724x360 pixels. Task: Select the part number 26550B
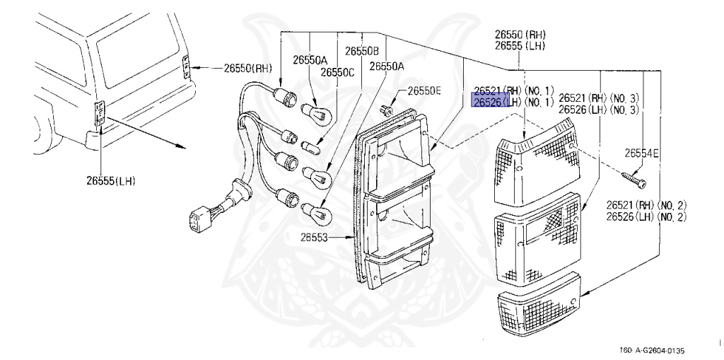pyautogui.click(x=362, y=51)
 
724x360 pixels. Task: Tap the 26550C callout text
pyautogui.click(x=337, y=72)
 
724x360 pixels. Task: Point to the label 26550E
pyautogui.click(x=424, y=91)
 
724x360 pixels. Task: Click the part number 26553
pyautogui.click(x=316, y=238)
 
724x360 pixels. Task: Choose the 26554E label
pyautogui.click(x=641, y=153)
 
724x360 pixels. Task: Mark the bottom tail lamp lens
pyautogui.click(x=541, y=309)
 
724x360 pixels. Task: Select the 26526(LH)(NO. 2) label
pyautogui.click(x=646, y=216)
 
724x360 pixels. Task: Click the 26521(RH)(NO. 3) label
pyautogui.click(x=599, y=98)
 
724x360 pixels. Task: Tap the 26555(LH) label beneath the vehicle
pyautogui.click(x=106, y=181)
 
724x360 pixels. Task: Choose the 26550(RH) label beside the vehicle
pyautogui.click(x=248, y=69)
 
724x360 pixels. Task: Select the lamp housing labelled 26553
pyautogui.click(x=396, y=198)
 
